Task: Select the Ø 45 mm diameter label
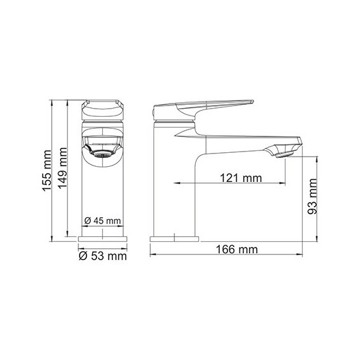[102, 220]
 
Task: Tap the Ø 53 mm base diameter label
[102, 256]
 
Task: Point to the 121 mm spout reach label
[241, 177]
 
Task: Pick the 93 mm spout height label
[311, 196]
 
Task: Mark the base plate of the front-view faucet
[102, 240]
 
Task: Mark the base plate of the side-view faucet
[173, 240]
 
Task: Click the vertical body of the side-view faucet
[175, 183]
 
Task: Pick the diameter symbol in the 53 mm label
[83, 256]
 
